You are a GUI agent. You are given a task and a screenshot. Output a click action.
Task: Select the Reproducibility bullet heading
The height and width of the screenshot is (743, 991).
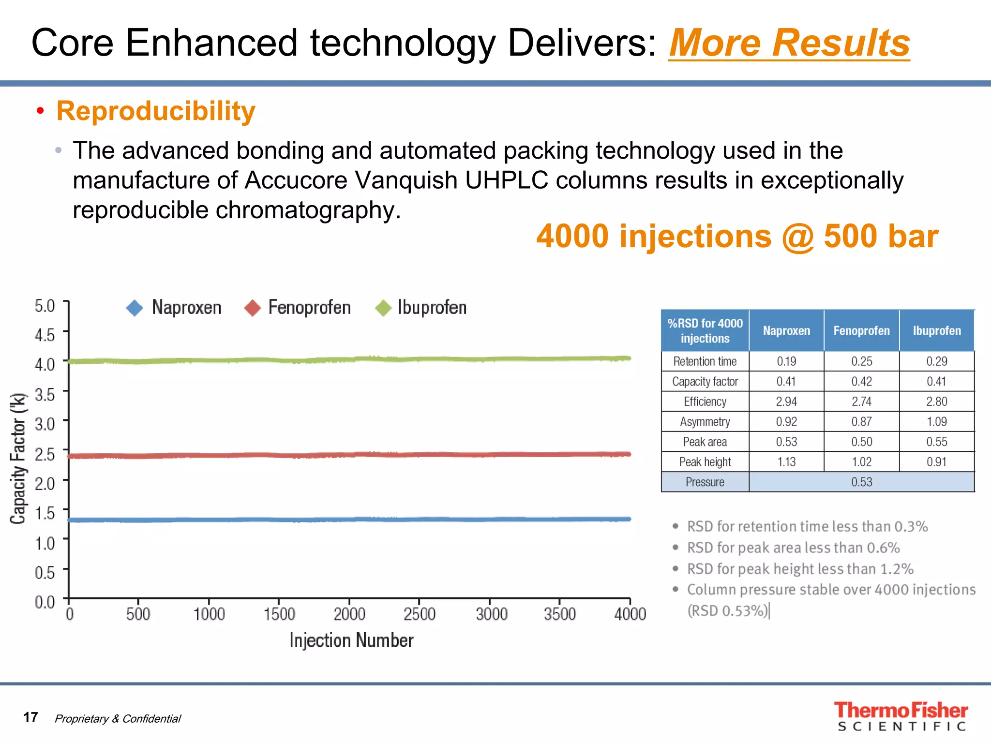tap(155, 111)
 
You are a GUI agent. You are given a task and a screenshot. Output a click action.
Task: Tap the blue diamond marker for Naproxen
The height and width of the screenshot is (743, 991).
tap(135, 308)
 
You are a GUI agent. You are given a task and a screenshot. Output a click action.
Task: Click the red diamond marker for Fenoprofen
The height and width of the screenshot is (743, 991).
tap(253, 308)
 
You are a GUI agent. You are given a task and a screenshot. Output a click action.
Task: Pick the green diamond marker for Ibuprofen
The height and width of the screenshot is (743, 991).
tap(383, 308)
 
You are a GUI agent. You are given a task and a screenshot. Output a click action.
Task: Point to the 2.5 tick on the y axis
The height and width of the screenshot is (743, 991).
tap(45, 454)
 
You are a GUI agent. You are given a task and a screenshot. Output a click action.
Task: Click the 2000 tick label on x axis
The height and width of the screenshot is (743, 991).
tap(349, 614)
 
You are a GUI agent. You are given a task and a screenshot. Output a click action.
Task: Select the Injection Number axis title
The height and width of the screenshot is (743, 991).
tap(351, 640)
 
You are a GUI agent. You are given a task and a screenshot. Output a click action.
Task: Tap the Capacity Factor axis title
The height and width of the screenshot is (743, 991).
tap(18, 458)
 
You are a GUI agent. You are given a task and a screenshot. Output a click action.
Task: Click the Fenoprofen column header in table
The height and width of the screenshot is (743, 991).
tap(861, 331)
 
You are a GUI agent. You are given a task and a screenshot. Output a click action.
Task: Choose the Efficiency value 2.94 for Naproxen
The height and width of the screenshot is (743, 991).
tap(786, 401)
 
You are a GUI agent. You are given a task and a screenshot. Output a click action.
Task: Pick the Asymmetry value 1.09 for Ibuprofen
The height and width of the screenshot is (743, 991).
tap(936, 422)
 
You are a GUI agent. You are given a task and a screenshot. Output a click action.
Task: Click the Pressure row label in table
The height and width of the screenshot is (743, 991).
tap(705, 482)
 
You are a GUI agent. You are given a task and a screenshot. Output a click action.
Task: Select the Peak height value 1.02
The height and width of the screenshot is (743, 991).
tap(861, 462)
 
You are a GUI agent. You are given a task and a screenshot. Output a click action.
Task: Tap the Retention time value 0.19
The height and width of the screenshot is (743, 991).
tap(786, 361)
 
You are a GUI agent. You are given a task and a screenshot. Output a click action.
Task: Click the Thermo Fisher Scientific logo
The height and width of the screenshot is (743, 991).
tap(901, 716)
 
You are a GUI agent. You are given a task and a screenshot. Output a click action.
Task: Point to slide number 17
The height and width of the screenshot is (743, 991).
tap(30, 717)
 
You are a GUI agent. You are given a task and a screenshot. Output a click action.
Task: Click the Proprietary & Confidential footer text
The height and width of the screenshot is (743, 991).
tap(118, 719)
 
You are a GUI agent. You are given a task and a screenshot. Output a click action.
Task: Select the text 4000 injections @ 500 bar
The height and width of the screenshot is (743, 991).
tap(737, 237)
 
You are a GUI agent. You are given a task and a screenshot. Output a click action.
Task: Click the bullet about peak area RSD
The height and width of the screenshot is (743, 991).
tap(793, 548)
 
